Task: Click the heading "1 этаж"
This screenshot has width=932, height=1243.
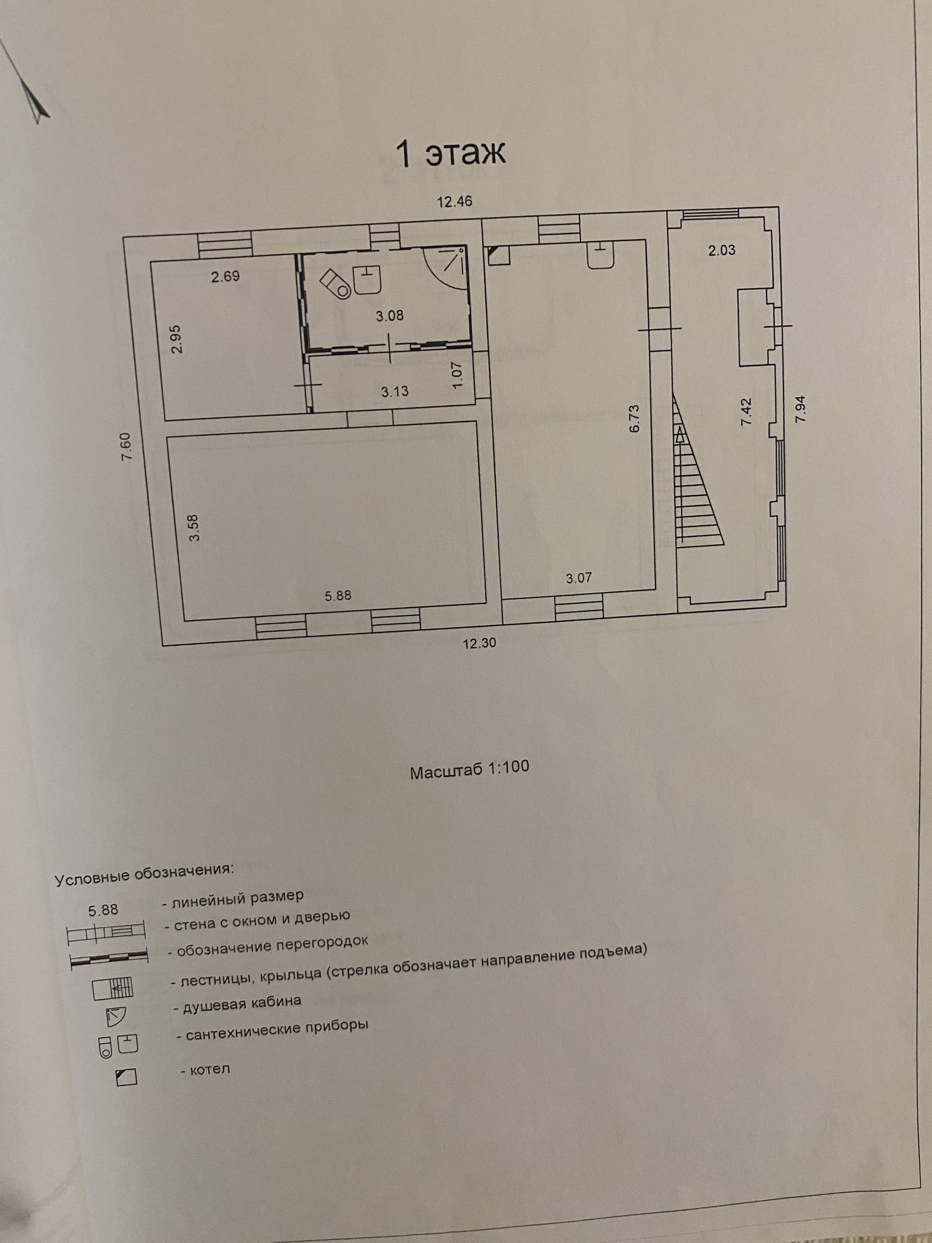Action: (x=450, y=154)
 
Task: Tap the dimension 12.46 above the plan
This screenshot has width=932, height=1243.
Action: (x=454, y=202)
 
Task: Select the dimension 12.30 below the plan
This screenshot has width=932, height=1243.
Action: (x=479, y=643)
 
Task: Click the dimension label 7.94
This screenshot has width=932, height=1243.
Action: (x=800, y=409)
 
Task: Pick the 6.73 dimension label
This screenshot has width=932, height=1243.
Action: (x=635, y=419)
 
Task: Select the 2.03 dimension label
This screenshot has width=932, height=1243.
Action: (x=721, y=251)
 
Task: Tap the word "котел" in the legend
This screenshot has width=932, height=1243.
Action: (x=210, y=1069)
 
